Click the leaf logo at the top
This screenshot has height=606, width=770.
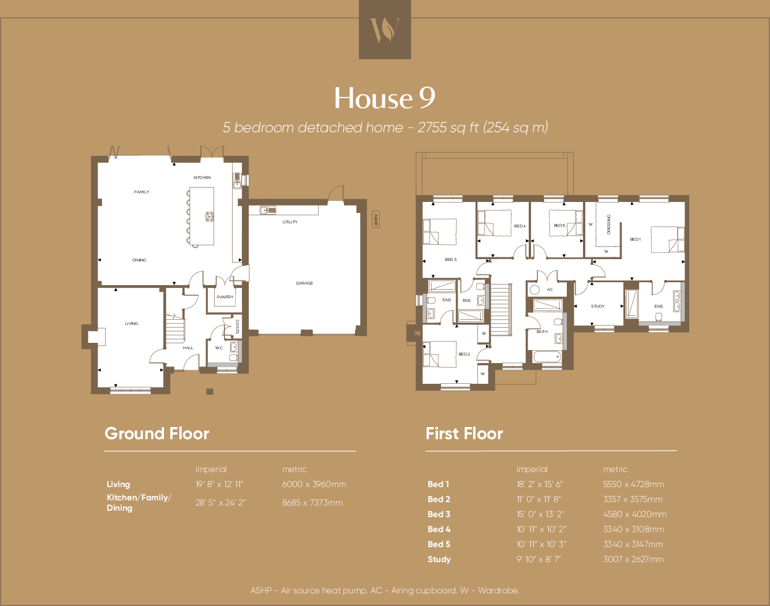pyautogui.click(x=385, y=29)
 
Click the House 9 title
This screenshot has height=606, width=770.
pyautogui.click(x=384, y=98)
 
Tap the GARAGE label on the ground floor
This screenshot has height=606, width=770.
pyautogui.click(x=304, y=283)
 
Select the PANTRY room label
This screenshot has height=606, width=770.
pyautogui.click(x=225, y=297)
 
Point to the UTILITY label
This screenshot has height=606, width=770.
pyautogui.click(x=290, y=222)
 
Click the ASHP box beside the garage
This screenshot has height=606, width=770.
pyautogui.click(x=376, y=219)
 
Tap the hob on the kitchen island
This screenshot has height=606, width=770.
pyautogui.click(x=210, y=216)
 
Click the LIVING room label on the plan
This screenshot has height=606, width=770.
pyautogui.click(x=132, y=324)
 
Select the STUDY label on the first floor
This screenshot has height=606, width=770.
pyautogui.click(x=598, y=306)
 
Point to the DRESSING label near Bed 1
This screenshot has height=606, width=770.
pyautogui.click(x=608, y=224)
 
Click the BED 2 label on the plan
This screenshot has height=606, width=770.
pyautogui.click(x=464, y=354)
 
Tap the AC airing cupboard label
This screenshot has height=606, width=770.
pyautogui.click(x=550, y=290)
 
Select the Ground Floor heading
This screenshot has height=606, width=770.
pyautogui.click(x=157, y=434)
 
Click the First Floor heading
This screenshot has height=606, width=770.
pyautogui.click(x=464, y=434)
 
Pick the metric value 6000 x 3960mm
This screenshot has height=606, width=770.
pyautogui.click(x=314, y=484)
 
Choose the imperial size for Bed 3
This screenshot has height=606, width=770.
pyautogui.click(x=540, y=514)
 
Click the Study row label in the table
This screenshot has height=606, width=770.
pyautogui.click(x=439, y=559)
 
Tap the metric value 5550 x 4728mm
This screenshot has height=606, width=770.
pyautogui.click(x=633, y=484)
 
